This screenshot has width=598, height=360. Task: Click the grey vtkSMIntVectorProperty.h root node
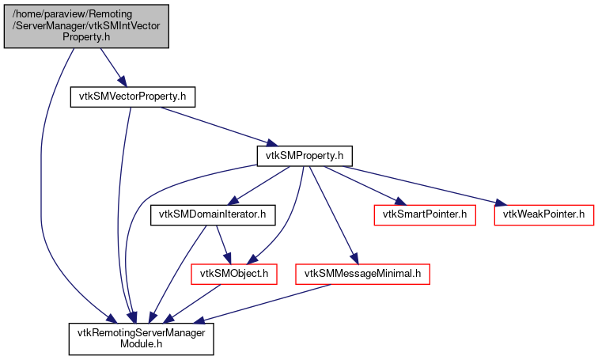86,25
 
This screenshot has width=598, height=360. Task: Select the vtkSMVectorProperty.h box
132,97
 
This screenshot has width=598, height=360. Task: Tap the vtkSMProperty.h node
304,156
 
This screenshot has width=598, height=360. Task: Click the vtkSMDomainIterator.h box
213,214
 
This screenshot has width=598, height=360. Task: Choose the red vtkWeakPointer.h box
543,214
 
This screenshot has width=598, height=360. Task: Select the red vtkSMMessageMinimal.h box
362,275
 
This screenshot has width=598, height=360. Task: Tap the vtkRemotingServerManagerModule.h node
141,339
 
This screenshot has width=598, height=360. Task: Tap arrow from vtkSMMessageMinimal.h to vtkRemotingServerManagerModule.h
261,304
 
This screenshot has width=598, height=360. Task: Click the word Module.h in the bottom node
141,345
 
